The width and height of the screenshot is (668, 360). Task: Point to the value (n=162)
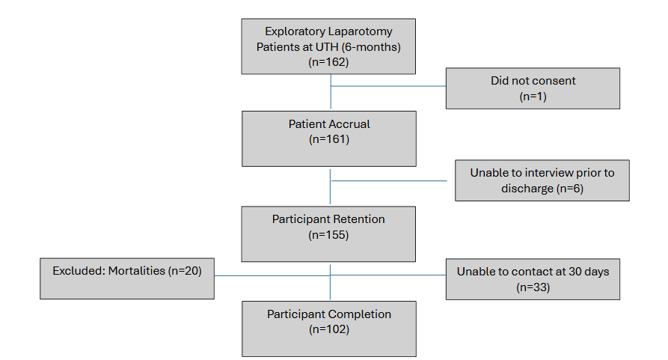coord(329,62)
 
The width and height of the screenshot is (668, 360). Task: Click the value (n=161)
coord(329,138)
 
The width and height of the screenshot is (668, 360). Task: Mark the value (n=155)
coord(329,234)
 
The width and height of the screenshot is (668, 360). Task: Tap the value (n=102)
coord(329,329)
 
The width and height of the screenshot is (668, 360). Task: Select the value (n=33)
coord(533,287)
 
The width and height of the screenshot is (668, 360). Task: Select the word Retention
coord(358,219)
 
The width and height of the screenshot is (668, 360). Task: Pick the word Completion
coord(361,314)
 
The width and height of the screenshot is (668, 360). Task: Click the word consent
coord(554,80)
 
